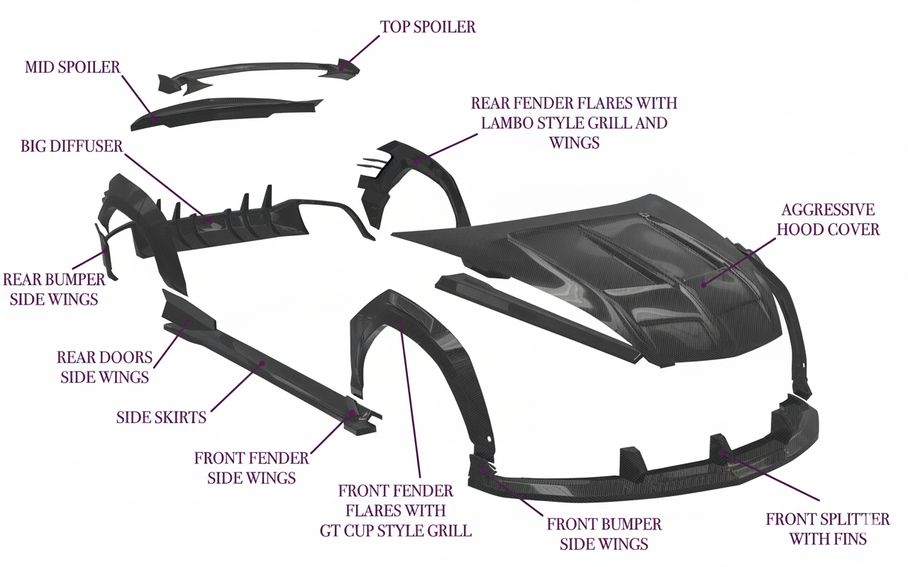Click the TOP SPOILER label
pyautogui.click(x=428, y=27)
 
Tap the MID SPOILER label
pyautogui.click(x=72, y=67)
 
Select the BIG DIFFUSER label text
pyautogui.click(x=72, y=146)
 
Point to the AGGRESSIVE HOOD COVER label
pyautogui.click(x=828, y=220)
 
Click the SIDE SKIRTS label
pyautogui.click(x=161, y=417)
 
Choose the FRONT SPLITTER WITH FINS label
pyautogui.click(x=828, y=529)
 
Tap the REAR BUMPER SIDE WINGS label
pyautogui.click(x=54, y=289)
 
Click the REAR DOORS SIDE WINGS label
pyautogui.click(x=104, y=366)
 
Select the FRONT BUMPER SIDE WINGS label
pyautogui.click(x=604, y=534)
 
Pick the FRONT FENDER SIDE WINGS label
pyautogui.click(x=252, y=468)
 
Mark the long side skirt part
pyautogui.click(x=270, y=369)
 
